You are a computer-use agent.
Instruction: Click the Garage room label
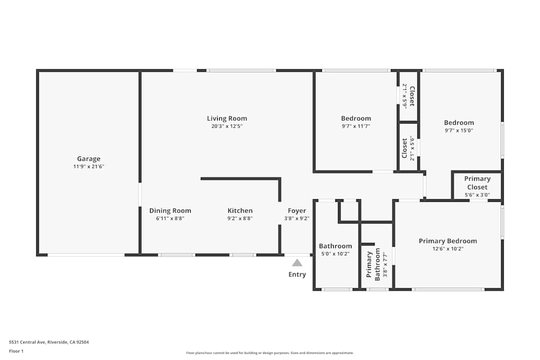coord(89,159)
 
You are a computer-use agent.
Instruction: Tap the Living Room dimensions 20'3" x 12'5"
coord(227,126)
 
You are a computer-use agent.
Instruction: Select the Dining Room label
coord(170,210)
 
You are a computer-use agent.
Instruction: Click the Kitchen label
coord(240,210)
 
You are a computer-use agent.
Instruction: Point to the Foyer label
coord(296,210)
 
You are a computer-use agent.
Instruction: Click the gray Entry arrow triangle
coord(297,263)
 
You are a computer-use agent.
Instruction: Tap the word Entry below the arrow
coord(297,274)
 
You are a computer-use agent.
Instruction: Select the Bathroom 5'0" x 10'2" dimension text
coord(335,254)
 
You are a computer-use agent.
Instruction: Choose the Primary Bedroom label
coord(448,241)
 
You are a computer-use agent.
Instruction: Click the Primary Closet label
coord(477,183)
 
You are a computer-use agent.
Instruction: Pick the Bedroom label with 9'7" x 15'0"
coord(459,123)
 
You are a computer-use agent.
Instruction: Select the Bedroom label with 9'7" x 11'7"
coord(356,118)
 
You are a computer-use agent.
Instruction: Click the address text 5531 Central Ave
coord(49,342)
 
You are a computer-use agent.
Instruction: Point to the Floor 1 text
coord(16,351)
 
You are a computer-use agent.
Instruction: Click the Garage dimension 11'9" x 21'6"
coord(89,167)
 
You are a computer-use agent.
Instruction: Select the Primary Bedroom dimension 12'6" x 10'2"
coord(448,249)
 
